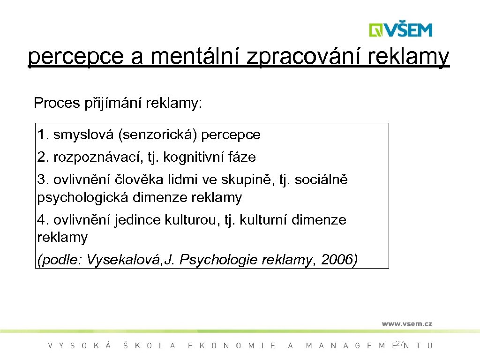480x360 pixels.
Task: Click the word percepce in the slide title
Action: [75, 58]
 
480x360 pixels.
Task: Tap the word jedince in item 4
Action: [138, 220]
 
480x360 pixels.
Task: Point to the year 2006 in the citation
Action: [339, 259]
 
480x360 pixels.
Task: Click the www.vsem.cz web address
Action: [406, 323]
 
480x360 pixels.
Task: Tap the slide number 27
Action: [399, 344]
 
